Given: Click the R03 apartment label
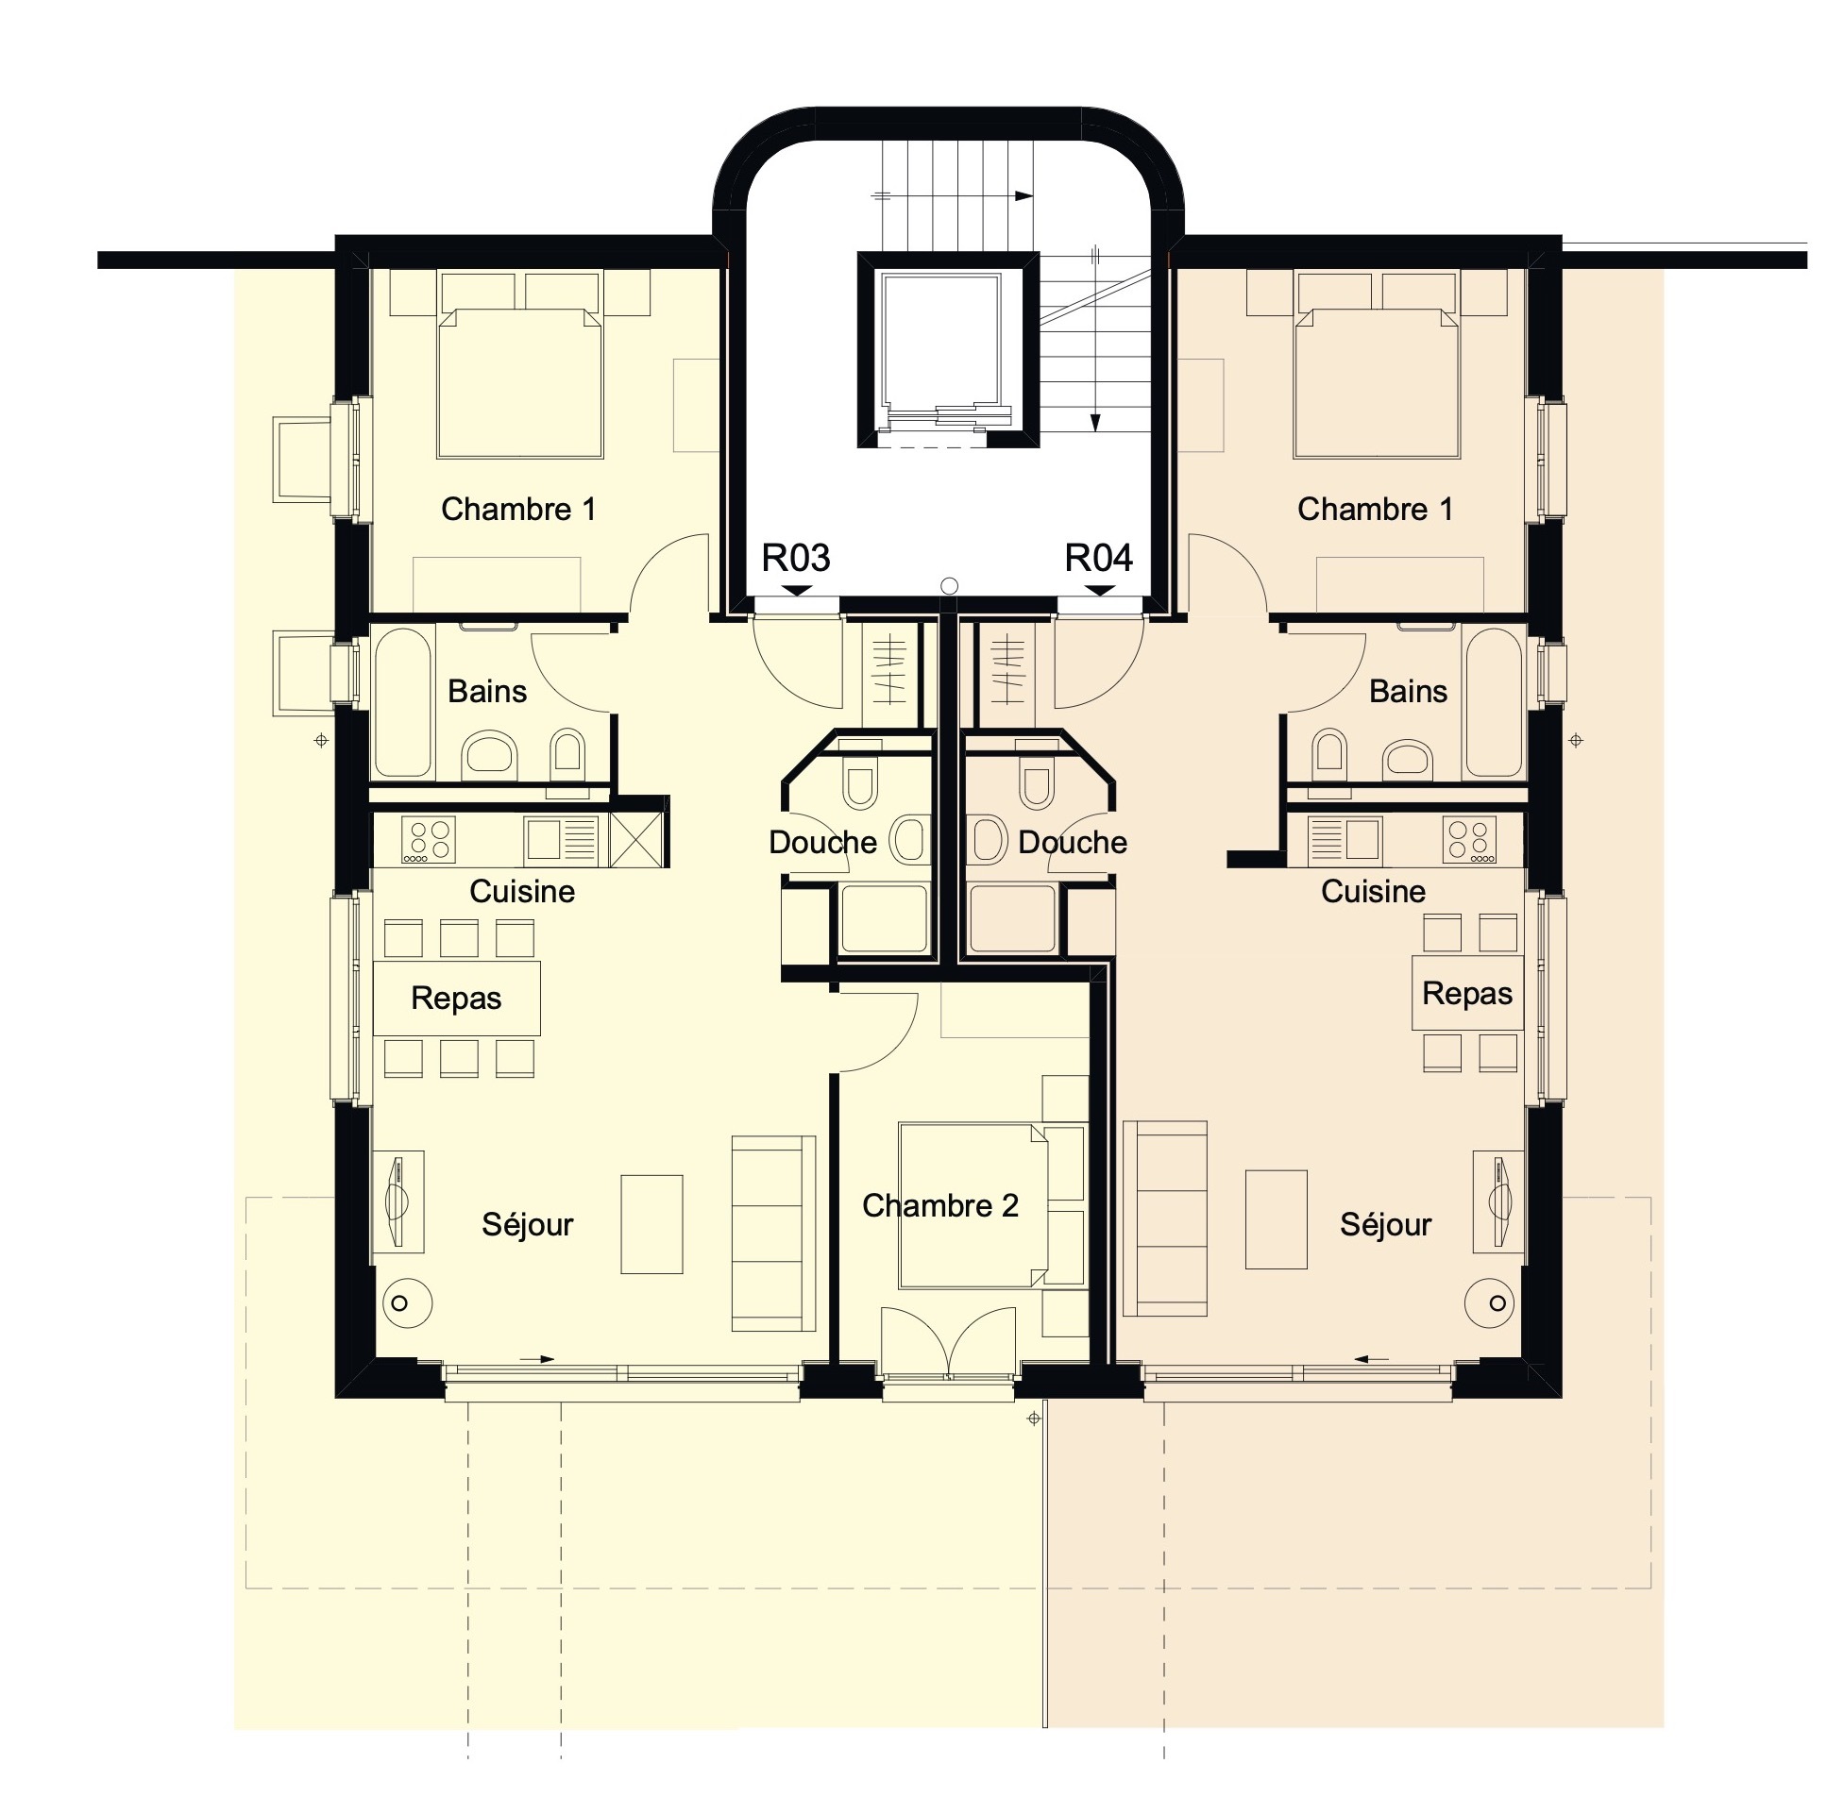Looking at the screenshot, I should point(795,558).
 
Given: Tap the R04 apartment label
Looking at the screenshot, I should point(1098,558).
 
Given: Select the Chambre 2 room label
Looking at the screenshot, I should point(939,1205).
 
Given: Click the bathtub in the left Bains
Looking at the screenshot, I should point(404,702).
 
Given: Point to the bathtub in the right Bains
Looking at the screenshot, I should point(1494,702).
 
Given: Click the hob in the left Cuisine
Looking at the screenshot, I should point(428,839).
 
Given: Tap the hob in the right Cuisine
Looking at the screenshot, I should point(1467,839).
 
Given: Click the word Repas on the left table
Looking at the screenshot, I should point(455,998).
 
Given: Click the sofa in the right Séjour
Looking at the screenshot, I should point(1164,1218).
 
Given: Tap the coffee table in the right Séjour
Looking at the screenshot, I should point(1275,1218).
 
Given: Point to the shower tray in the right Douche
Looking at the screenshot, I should point(1011,918).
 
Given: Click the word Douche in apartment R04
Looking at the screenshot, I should point(1072,842).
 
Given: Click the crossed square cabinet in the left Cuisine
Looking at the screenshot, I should point(635,839).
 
